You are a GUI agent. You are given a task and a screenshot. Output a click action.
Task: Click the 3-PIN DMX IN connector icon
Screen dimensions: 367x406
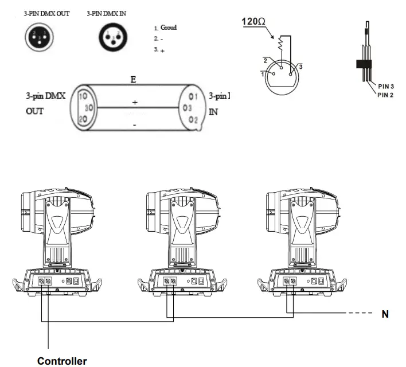click(x=112, y=37)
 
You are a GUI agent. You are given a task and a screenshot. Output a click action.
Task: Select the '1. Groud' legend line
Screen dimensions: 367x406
click(x=166, y=28)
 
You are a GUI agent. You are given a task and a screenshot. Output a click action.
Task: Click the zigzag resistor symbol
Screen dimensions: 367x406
click(x=280, y=42)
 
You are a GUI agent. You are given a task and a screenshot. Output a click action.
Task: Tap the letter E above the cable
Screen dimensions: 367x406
click(x=133, y=79)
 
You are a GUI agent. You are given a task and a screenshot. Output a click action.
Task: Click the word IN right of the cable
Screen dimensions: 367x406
click(x=213, y=112)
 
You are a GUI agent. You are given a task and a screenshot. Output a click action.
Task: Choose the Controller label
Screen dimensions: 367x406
click(x=62, y=361)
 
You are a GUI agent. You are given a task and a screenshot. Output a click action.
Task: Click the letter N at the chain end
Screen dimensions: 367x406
click(x=385, y=314)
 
